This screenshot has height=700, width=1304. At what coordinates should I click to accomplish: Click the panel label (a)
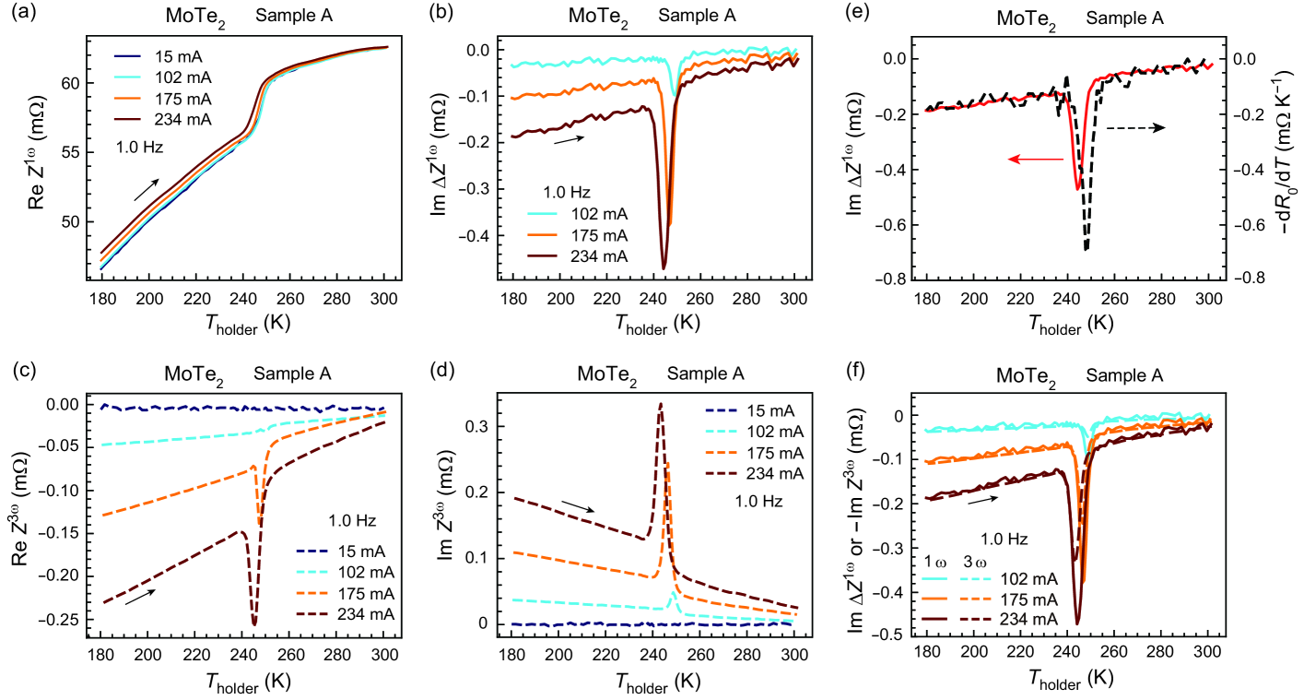click(21, 16)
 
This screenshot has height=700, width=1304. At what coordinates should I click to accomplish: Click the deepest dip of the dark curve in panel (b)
click(664, 268)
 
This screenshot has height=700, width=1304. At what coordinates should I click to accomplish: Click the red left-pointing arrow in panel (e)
click(1034, 160)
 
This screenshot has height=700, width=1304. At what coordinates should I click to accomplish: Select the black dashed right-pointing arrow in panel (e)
click(1135, 126)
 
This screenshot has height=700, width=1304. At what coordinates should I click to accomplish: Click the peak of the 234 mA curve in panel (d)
click(660, 403)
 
